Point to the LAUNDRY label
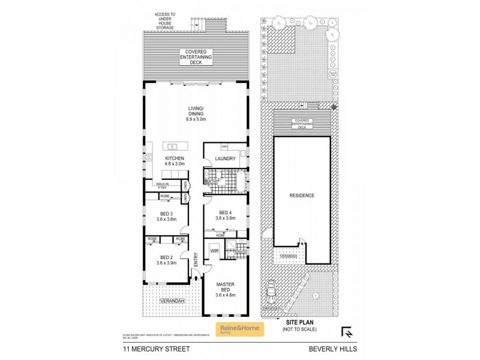tap(226, 159)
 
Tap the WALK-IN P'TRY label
tap(162, 186)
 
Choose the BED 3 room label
tap(166, 214)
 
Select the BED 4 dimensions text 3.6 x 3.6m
tap(226, 218)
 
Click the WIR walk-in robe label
tap(213, 251)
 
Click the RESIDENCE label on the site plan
tap(302, 196)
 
